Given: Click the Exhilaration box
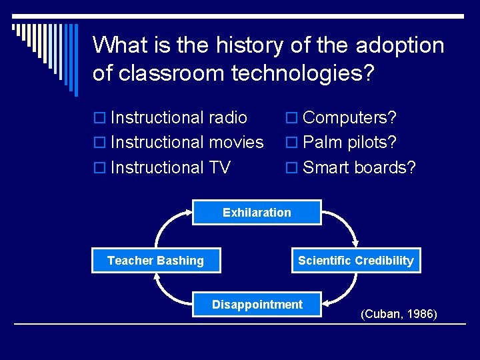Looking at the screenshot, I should click(x=257, y=213).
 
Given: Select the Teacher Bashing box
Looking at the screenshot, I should click(x=156, y=261).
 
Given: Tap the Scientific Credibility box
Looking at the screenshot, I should click(x=355, y=261).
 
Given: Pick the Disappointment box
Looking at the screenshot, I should click(x=257, y=305).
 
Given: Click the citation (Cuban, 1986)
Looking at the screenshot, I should click(x=399, y=313).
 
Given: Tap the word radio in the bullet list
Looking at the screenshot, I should click(x=227, y=118).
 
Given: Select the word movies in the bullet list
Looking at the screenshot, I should click(x=236, y=143).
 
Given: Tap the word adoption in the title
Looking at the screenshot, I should click(x=400, y=45).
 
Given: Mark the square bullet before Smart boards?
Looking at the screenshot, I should click(x=291, y=168).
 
